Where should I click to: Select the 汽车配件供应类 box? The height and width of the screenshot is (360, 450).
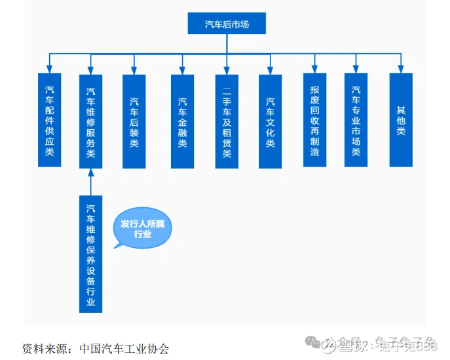click(x=49, y=119)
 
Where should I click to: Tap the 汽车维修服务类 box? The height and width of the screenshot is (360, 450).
click(x=91, y=121)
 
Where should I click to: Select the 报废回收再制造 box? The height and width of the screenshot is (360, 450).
click(x=314, y=119)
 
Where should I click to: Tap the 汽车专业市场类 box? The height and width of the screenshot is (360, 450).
click(x=356, y=119)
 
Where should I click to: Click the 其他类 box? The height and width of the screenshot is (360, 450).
click(x=401, y=119)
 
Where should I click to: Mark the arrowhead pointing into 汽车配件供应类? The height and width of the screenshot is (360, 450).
click(x=49, y=69)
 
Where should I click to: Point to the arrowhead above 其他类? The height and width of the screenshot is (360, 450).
click(x=401, y=68)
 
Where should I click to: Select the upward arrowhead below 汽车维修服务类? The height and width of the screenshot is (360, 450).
click(x=91, y=174)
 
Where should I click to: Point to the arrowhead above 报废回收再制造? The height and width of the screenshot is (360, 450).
click(x=314, y=68)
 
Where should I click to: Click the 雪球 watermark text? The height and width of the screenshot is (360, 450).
click(x=350, y=344)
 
